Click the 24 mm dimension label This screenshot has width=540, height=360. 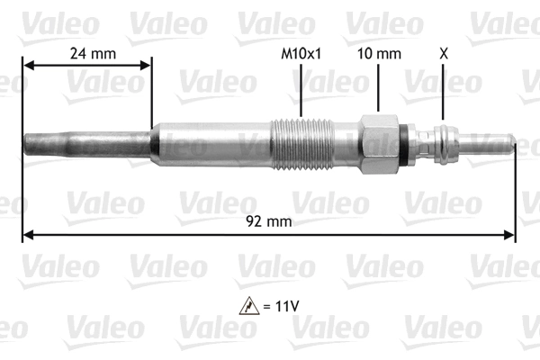[94, 53]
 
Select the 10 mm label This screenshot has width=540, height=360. [378, 53]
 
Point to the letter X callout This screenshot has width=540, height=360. [442, 53]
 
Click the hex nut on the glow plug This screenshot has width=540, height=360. [378, 143]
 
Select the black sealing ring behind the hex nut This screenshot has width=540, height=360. [409, 143]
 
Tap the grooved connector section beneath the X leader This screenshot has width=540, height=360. [443, 143]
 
